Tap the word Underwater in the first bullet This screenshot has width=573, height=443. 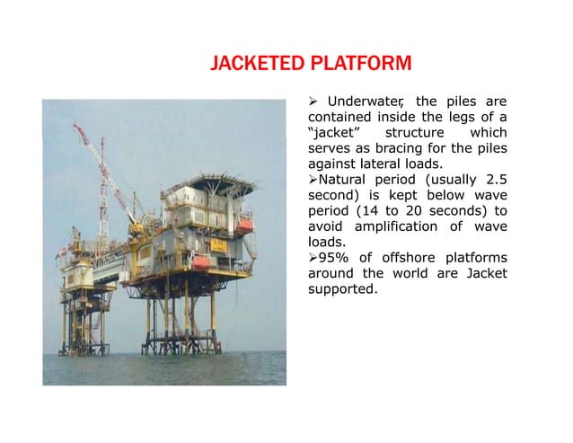pos(365,100)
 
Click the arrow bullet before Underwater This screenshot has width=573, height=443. pos(313,100)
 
